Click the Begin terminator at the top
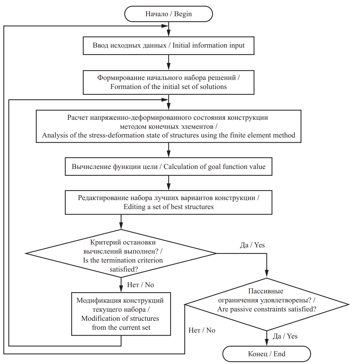pos(169,14)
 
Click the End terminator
pos(266,354)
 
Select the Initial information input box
pos(169,45)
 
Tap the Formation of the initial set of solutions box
pos(169,82)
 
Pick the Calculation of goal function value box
pos(169,166)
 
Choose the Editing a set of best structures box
pos(169,202)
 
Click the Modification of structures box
pos(121,314)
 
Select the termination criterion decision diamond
pos(121,253)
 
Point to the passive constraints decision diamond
pos(267,304)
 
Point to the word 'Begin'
pos(183,14)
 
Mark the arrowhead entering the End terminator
pos(267,343)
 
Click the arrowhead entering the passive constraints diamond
pos(267,273)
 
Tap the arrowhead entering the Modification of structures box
pos(121,288)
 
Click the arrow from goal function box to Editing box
pos(169,183)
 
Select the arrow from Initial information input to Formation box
pos(169,63)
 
